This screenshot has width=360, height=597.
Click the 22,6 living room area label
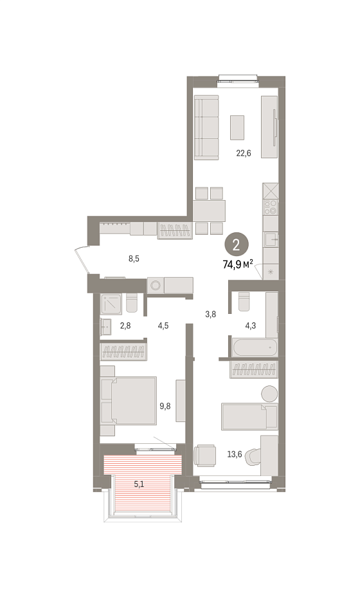pos(244,154)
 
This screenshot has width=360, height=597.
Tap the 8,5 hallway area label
pos(134,259)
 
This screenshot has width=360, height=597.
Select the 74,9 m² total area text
pos(239,264)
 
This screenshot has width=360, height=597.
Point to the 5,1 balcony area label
pos(138,484)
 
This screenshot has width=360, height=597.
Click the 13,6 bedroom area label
pos(235,454)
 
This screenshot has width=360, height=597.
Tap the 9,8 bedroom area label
pos(165,406)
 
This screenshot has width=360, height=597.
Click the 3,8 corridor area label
pos(210,314)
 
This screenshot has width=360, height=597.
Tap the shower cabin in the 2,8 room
pos(111,304)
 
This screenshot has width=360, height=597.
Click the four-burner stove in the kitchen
pos(271,207)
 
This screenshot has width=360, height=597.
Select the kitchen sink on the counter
pos(271,240)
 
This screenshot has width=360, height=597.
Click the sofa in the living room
pos(206,127)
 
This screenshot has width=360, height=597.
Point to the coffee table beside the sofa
pos(237,127)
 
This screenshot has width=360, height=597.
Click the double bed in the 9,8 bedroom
pos(129,401)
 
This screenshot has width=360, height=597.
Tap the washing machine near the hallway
pos(156,285)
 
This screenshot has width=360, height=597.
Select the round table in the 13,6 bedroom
pos(269,393)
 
